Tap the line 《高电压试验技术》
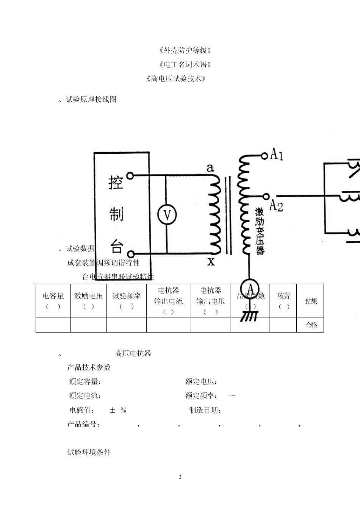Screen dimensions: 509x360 pyautogui.click(x=177, y=79)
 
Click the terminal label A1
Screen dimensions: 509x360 pyautogui.click(x=277, y=155)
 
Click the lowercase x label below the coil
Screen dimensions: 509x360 pyautogui.click(x=211, y=261)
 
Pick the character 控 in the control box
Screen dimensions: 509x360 pyautogui.click(x=116, y=183)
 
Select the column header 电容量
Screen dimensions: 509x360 pyautogui.click(x=53, y=296)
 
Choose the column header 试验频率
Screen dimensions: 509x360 pyautogui.click(x=126, y=296)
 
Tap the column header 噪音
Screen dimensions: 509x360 pyautogui.click(x=284, y=296)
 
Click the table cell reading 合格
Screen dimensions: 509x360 pyautogui.click(x=311, y=325)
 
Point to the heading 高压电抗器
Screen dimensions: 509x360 pyautogui.click(x=133, y=354)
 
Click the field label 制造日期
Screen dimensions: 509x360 pyautogui.click(x=205, y=410)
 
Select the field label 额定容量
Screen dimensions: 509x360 pyautogui.click(x=85, y=382)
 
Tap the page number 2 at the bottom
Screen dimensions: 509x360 pyautogui.click(x=180, y=477)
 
